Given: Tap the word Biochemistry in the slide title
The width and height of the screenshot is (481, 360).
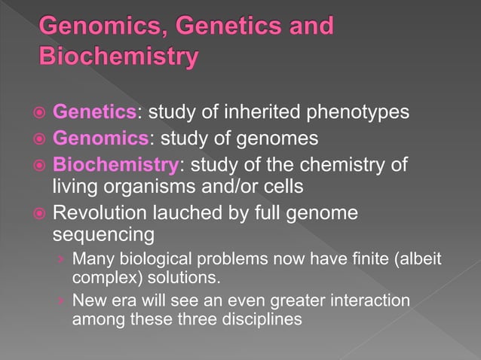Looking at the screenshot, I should pyautogui.click(x=119, y=56).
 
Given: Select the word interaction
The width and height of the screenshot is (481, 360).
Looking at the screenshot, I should pyautogui.click(x=365, y=301).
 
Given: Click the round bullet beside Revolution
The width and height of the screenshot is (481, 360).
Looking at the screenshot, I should pyautogui.click(x=38, y=213).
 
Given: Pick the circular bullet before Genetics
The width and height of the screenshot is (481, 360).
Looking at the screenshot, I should pyautogui.click(x=38, y=114).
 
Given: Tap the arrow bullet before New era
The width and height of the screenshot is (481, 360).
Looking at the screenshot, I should pyautogui.click(x=61, y=301).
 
